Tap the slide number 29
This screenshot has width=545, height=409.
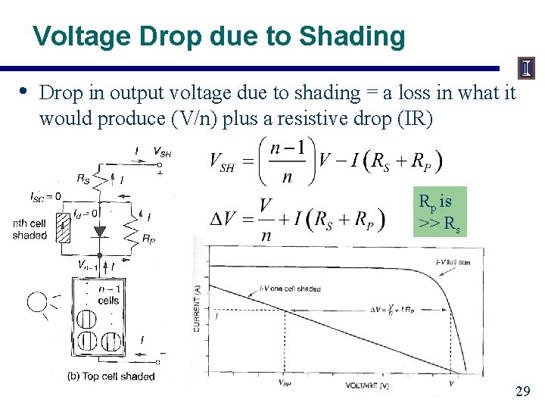click(522, 392)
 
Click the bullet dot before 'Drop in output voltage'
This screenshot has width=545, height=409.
click(23, 92)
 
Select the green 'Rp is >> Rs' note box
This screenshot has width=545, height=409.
click(439, 212)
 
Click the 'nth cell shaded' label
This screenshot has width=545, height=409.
click(30, 229)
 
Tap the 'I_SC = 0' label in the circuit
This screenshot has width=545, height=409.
click(46, 197)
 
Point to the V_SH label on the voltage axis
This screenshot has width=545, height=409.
click(285, 383)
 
